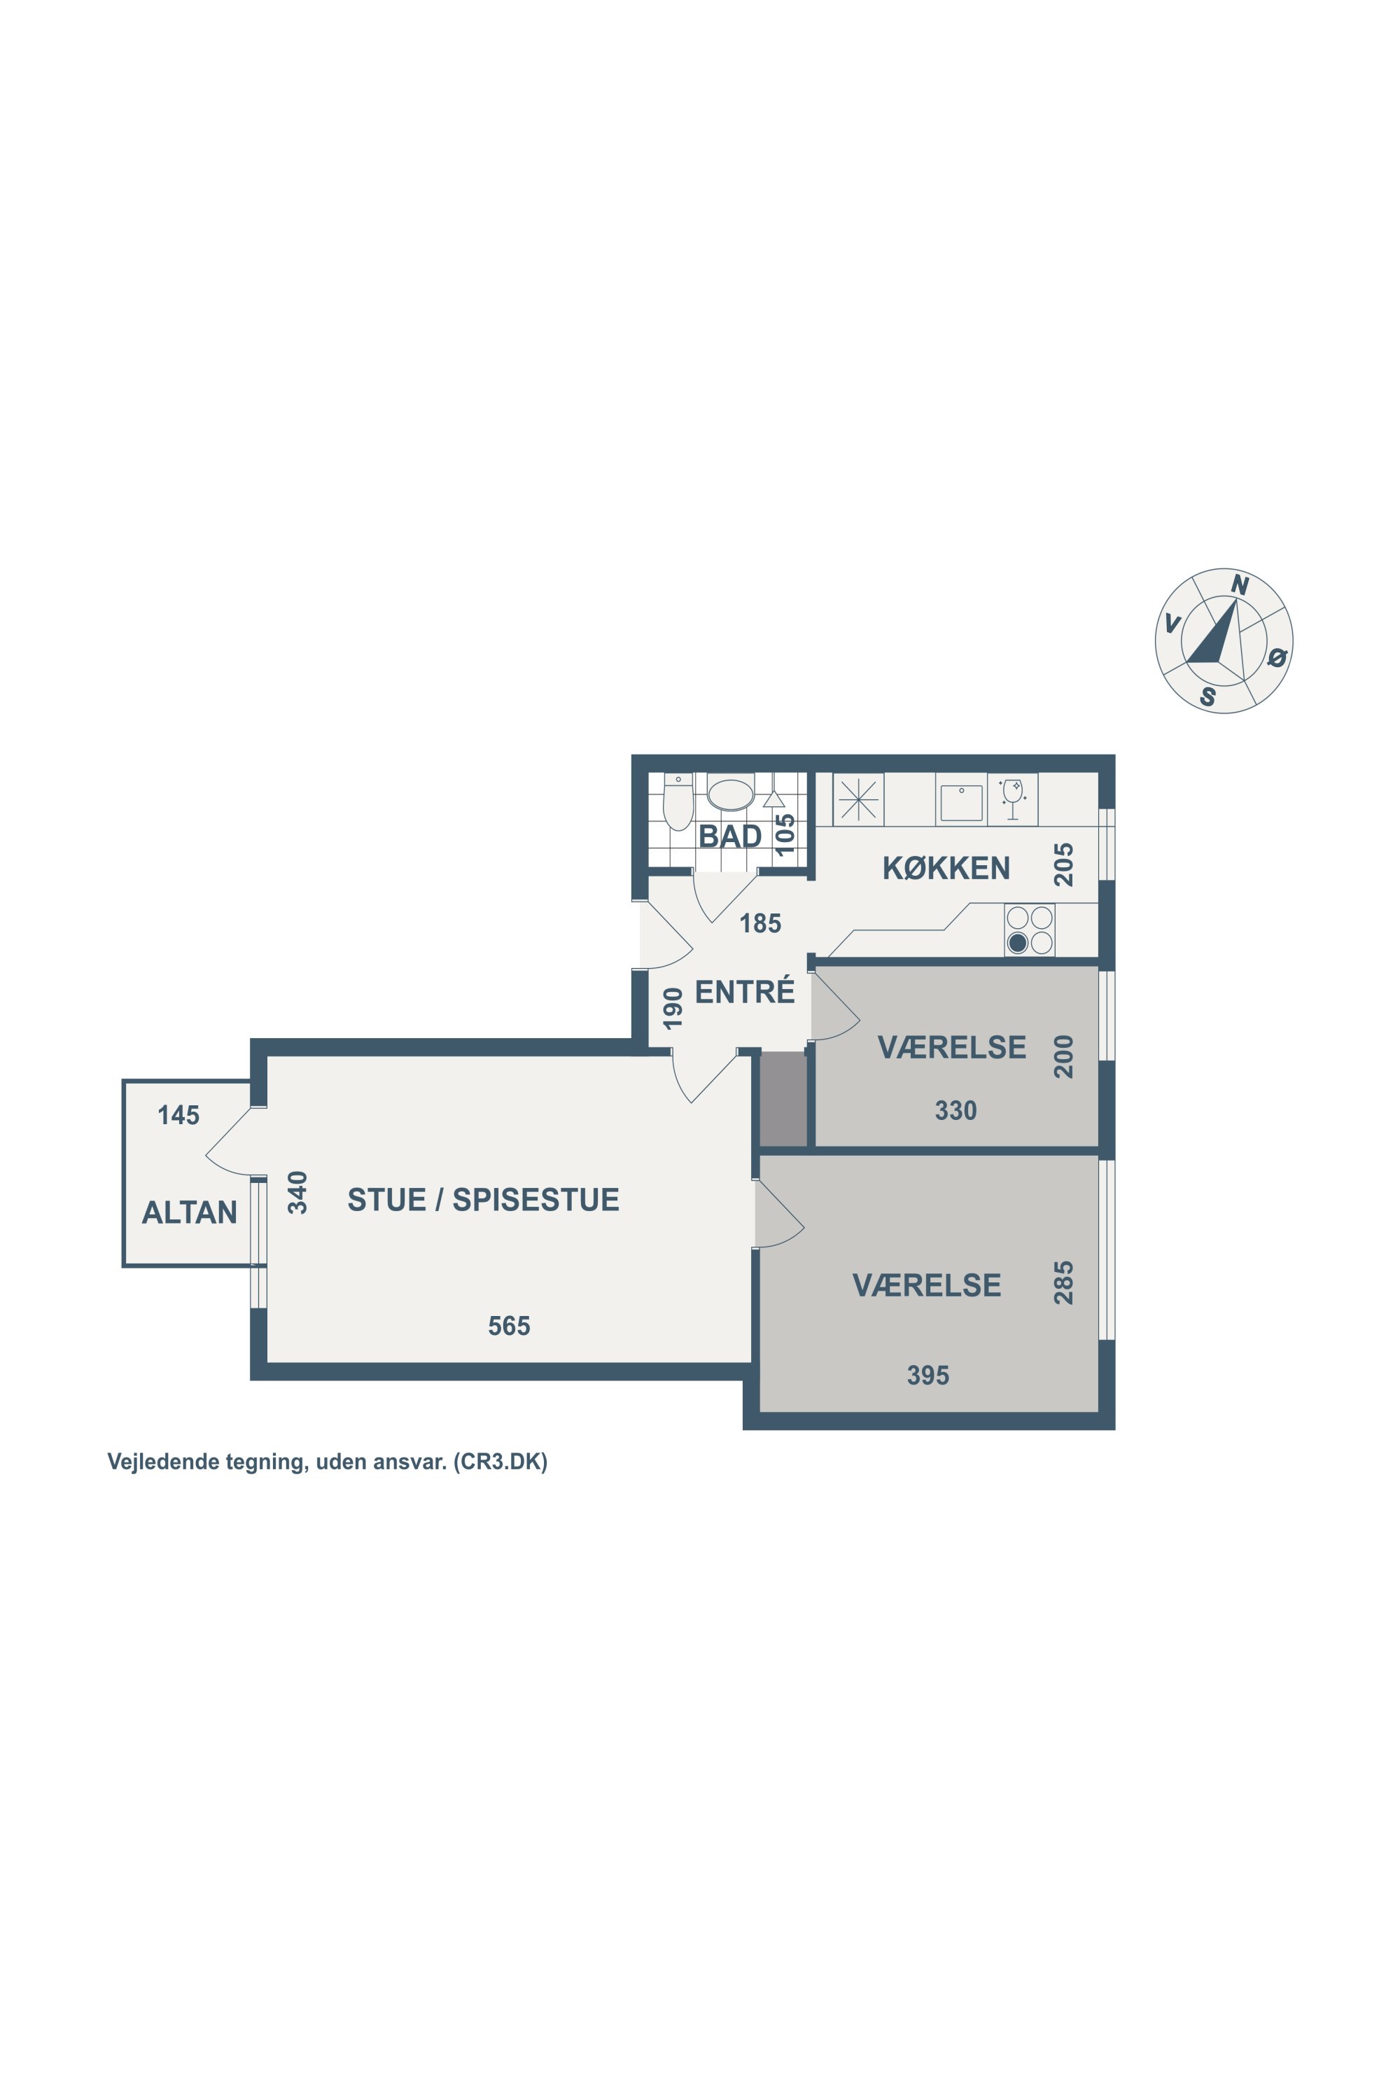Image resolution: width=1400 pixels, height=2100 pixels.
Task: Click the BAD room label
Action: click(729, 836)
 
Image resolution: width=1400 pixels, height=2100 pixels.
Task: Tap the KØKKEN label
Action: click(946, 868)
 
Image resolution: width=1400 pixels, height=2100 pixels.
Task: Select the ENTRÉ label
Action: click(745, 991)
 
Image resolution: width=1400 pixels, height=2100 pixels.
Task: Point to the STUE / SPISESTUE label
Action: click(483, 1199)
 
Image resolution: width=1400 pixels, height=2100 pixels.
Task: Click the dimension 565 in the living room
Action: click(509, 1326)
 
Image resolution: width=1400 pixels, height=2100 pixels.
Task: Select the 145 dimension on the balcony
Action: click(178, 1114)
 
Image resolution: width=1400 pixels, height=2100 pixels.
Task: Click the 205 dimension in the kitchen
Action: click(1063, 864)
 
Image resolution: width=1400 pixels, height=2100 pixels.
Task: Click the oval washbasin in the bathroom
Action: click(730, 794)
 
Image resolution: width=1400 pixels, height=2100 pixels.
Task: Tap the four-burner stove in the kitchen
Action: click(1030, 930)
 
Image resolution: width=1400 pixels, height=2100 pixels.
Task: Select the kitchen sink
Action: click(962, 801)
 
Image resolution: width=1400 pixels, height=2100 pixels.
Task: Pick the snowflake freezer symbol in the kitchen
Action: click(858, 799)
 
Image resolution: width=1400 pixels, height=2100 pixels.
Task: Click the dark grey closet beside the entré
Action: click(783, 1098)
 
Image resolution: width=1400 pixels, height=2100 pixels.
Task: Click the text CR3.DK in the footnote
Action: click(500, 1462)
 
